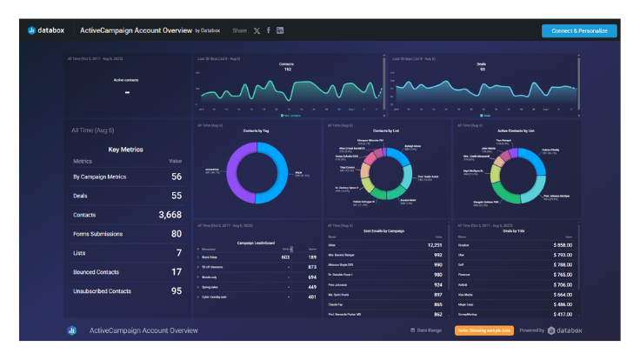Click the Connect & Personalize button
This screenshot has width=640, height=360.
click(x=578, y=30)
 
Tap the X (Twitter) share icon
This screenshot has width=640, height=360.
click(x=257, y=30)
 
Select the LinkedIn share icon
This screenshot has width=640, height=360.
click(x=280, y=30)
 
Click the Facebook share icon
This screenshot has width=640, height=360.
click(x=269, y=30)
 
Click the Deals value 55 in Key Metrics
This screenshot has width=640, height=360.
click(x=176, y=196)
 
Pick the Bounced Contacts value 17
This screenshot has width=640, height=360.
click(x=176, y=272)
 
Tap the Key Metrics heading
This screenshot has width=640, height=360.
click(x=126, y=150)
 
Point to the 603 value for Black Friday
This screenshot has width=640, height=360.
click(x=284, y=257)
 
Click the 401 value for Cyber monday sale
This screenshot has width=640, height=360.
click(x=311, y=297)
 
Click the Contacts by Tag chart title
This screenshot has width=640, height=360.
click(x=257, y=130)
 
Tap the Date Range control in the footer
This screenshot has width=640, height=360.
click(x=426, y=330)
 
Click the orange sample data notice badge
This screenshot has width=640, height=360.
click(x=478, y=330)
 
